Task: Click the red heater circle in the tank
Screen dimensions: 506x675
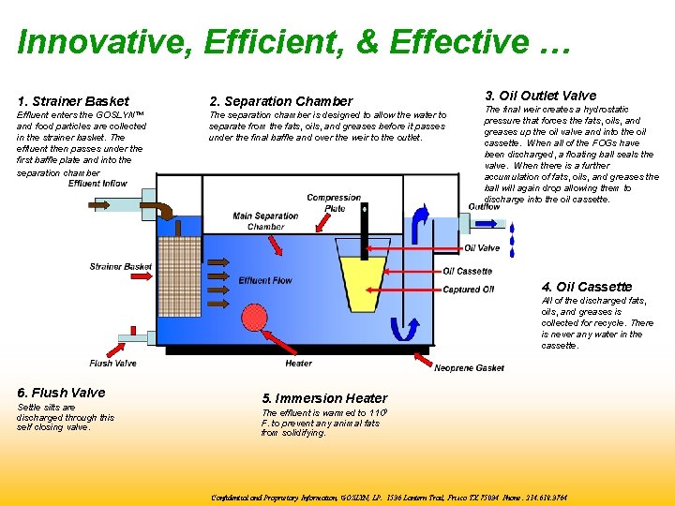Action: tap(253, 317)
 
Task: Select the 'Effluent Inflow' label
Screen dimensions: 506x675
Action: tap(97, 184)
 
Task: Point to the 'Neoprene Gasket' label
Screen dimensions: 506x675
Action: tap(469, 368)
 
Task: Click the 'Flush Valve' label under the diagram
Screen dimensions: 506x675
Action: tap(112, 363)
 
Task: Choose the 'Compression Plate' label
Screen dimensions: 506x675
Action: tap(334, 202)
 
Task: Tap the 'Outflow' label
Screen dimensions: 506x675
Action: tap(484, 207)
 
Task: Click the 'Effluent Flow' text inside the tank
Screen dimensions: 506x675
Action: tap(265, 280)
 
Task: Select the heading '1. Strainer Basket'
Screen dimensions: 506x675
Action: tap(73, 101)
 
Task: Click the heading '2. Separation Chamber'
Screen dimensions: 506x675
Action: tap(281, 101)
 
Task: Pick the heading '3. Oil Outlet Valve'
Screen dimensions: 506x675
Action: tap(540, 96)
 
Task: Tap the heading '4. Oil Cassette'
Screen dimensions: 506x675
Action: tap(587, 287)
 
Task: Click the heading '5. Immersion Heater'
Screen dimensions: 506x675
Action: tap(311, 398)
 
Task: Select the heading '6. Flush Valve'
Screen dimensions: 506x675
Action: tap(61, 393)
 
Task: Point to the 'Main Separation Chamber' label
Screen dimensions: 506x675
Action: tap(266, 221)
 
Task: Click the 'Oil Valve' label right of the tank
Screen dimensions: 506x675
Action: tap(482, 248)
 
